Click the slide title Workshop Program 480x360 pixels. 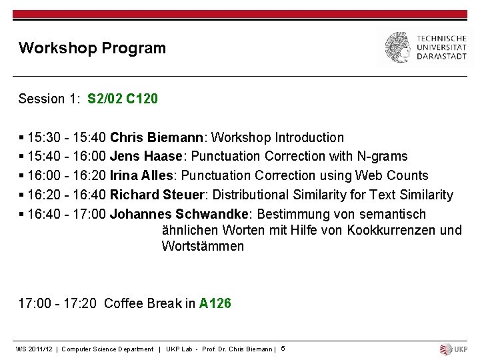click(x=92, y=48)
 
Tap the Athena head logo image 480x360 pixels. click(x=397, y=47)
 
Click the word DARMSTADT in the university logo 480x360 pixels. click(x=442, y=57)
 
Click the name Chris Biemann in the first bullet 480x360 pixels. click(x=158, y=137)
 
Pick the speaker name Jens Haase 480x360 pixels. click(x=145, y=157)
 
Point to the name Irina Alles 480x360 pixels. click(x=141, y=175)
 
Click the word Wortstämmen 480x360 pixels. click(x=203, y=246)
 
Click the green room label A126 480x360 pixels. click(x=215, y=303)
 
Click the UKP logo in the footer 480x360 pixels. click(x=454, y=349)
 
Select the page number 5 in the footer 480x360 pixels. click(x=283, y=349)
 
